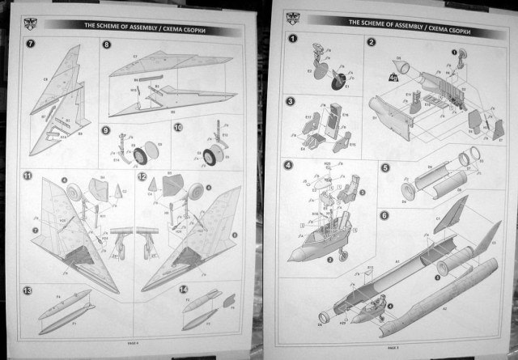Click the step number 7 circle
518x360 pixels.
click(x=30, y=42)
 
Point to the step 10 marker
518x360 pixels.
click(x=178, y=128)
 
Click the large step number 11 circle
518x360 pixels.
click(x=28, y=176)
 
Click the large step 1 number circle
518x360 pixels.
click(x=292, y=38)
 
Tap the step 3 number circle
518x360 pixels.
click(x=291, y=102)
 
